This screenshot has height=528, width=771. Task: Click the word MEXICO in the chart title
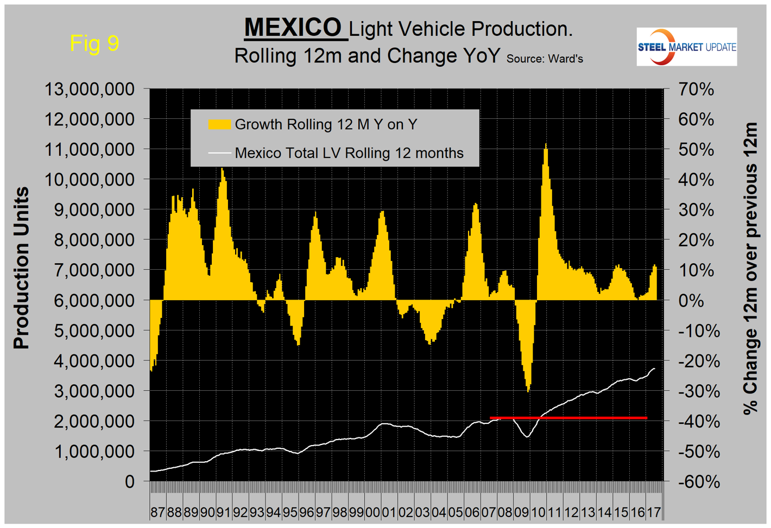(x=293, y=27)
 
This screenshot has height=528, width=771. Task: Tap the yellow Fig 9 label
(x=94, y=43)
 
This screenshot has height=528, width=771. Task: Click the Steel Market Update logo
(x=686, y=47)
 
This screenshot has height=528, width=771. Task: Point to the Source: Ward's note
(x=545, y=59)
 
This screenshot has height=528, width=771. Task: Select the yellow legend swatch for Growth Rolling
(x=219, y=124)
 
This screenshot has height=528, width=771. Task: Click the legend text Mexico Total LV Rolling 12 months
(x=349, y=153)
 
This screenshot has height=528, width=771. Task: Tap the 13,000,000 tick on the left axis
(x=90, y=89)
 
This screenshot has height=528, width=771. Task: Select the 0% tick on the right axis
(x=691, y=300)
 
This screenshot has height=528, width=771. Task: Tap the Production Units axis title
(x=21, y=268)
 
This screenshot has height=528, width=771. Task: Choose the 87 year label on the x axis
(x=157, y=512)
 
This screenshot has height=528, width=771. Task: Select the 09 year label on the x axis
(x=521, y=512)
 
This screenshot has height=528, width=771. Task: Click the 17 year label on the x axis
(x=654, y=512)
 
